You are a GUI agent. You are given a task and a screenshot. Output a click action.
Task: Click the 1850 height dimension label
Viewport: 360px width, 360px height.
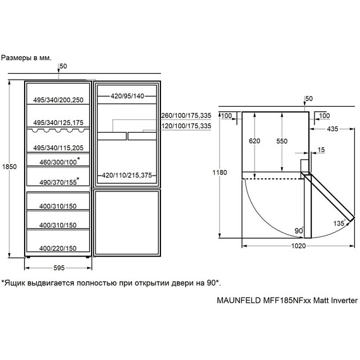click(9, 167)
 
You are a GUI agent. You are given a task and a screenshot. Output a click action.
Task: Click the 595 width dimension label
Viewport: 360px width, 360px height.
click(59, 268)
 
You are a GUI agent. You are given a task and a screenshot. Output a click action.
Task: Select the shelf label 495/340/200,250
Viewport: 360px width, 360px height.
click(58, 100)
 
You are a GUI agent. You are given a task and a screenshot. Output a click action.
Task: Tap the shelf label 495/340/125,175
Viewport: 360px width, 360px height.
click(58, 123)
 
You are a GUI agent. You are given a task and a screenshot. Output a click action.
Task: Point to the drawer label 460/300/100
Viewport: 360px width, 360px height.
click(58, 162)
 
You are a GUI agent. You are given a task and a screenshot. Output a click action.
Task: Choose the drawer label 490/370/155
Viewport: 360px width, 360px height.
click(58, 183)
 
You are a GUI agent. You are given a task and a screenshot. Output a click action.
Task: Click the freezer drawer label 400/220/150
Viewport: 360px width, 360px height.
click(58, 248)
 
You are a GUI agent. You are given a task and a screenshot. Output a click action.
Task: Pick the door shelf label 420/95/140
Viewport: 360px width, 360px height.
click(128, 96)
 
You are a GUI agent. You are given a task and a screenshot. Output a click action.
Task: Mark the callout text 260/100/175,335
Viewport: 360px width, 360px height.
click(186, 116)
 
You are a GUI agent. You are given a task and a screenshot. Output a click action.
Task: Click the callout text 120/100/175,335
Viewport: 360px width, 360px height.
click(186, 126)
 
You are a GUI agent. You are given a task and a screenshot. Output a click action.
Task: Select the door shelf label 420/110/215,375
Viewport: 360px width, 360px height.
click(127, 176)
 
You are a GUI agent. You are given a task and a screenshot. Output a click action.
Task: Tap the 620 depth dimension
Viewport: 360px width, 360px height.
click(255, 141)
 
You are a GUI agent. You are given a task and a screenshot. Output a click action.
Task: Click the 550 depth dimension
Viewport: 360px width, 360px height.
click(282, 141)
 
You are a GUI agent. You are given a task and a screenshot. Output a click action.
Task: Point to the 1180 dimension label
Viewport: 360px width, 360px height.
click(220, 172)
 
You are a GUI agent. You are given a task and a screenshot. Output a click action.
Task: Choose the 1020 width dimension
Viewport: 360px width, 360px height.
click(299, 246)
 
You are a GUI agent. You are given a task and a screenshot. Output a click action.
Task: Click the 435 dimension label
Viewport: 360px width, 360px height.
click(333, 129)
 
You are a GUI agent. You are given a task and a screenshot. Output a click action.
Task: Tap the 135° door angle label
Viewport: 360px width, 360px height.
click(339, 223)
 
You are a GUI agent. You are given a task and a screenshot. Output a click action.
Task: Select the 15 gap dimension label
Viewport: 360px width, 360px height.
click(321, 150)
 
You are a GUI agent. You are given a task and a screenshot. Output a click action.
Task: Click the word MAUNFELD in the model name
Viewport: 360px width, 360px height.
click(239, 301)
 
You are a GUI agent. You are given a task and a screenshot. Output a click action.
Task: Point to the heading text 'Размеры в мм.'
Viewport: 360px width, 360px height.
click(26, 58)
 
